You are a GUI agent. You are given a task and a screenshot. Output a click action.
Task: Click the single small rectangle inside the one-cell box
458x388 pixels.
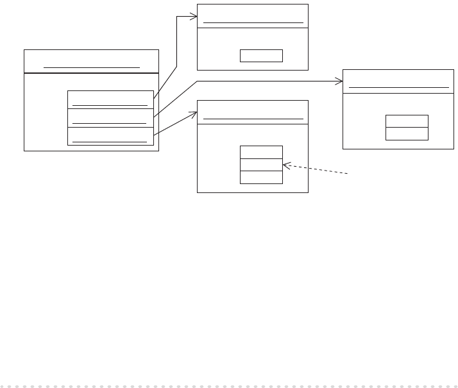point(261,55)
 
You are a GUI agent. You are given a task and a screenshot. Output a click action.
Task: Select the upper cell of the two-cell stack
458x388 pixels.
point(407,121)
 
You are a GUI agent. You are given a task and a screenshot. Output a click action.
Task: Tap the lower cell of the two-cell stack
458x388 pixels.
point(407,133)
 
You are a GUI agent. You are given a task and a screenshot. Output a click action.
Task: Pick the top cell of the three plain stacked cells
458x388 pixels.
point(261,152)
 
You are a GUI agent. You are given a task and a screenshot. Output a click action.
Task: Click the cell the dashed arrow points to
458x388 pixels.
point(261,165)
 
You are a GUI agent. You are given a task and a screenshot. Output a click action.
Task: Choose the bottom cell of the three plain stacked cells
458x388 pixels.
point(261,177)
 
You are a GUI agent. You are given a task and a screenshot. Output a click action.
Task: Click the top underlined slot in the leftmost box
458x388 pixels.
point(110,99)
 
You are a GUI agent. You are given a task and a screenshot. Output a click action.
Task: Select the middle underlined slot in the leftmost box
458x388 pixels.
point(110,118)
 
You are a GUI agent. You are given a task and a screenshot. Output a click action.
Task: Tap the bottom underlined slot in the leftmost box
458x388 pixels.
point(110,136)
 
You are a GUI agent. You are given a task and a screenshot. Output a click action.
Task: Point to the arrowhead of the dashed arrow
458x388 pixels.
point(285,165)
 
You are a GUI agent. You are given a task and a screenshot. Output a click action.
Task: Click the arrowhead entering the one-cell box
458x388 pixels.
point(194,15)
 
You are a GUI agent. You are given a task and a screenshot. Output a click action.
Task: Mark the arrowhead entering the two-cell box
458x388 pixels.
point(339,81)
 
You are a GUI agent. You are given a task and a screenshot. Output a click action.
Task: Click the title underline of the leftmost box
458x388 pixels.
point(91,67)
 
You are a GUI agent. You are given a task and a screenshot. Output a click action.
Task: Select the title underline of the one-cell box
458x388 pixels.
point(253,22)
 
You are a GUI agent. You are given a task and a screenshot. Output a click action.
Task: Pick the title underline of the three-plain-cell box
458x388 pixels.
point(253,119)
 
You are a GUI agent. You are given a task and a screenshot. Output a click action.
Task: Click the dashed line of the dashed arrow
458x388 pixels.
point(318,170)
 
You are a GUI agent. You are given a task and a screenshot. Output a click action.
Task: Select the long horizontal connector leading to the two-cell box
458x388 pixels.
point(269,81)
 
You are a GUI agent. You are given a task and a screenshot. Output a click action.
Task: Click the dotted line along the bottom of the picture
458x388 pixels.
point(229,385)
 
